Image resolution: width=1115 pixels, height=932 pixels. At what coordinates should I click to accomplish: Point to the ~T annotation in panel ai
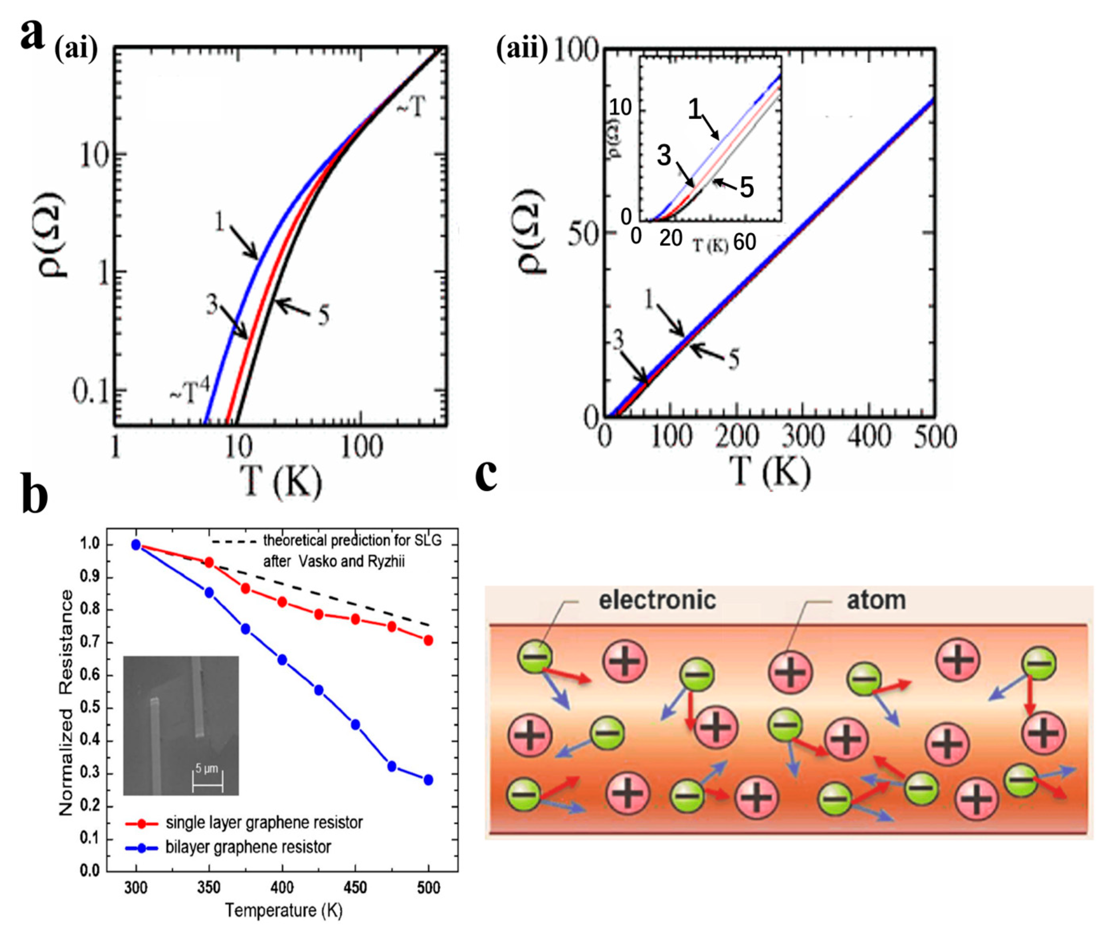(411, 108)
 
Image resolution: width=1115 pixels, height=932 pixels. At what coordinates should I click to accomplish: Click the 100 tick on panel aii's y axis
(576, 51)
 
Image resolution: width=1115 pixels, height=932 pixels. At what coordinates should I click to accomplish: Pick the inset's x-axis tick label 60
(745, 242)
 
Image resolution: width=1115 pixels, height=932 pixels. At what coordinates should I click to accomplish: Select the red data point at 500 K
(428, 641)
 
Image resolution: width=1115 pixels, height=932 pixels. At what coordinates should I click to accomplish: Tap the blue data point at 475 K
(392, 766)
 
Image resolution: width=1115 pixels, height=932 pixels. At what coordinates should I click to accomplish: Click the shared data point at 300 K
(136, 544)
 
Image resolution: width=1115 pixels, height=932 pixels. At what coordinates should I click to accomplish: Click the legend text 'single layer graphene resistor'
(264, 823)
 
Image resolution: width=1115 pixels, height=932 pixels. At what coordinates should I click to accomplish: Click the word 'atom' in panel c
(876, 600)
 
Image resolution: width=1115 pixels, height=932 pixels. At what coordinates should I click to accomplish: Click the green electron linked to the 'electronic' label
(535, 657)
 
